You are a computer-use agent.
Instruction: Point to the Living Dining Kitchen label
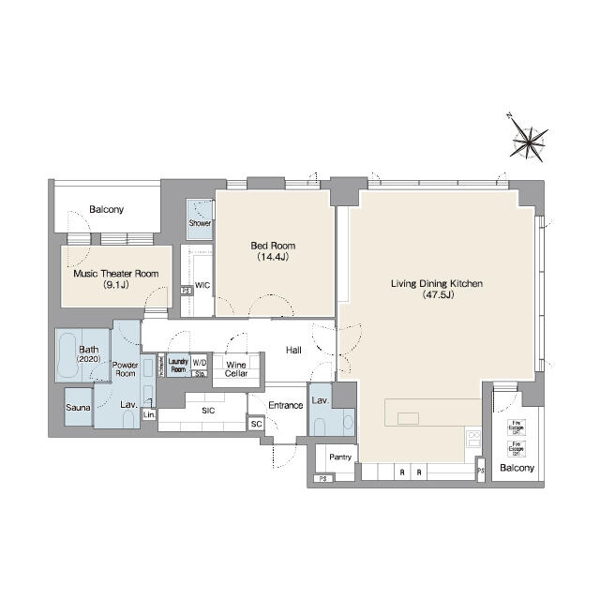click(x=436, y=288)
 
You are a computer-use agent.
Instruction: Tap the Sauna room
click(x=77, y=408)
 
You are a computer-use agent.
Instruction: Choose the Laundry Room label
click(x=178, y=364)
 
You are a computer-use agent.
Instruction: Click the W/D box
click(x=200, y=363)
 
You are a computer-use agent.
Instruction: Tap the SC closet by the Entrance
click(x=256, y=424)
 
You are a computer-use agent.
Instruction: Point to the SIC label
click(x=206, y=409)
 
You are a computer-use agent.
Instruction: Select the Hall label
click(x=292, y=350)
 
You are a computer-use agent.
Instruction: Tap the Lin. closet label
click(x=149, y=413)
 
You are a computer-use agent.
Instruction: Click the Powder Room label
click(x=125, y=368)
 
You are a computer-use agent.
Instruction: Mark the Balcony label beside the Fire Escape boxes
click(x=517, y=468)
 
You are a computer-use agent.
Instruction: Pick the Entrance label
click(x=285, y=405)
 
